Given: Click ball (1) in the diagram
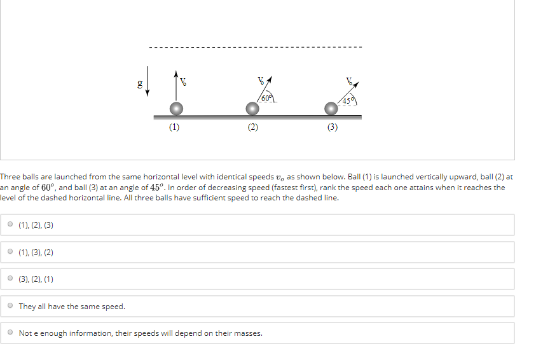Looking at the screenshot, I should (175, 109).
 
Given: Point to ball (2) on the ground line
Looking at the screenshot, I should (252, 109).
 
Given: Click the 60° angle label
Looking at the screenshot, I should (266, 97).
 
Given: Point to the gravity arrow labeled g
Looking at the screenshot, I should (148, 81).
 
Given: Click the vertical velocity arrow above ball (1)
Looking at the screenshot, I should (175, 86).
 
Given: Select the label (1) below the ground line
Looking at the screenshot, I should (174, 127).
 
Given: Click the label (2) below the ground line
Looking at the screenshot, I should (253, 127).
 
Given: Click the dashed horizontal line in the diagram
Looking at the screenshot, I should (254, 47).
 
